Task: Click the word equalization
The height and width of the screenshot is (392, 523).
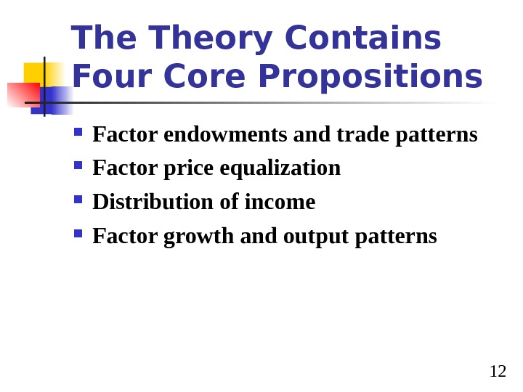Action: [x=280, y=168]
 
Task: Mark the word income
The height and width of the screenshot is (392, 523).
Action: [x=280, y=202]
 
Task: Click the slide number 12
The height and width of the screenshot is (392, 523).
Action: [x=498, y=372]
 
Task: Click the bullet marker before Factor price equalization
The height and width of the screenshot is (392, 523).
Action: [x=78, y=166]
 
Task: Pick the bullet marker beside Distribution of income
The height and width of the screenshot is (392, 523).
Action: [x=78, y=200]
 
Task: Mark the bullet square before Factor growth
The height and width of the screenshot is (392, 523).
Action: [x=78, y=234]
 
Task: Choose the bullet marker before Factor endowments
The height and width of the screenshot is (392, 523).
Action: [x=78, y=132]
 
